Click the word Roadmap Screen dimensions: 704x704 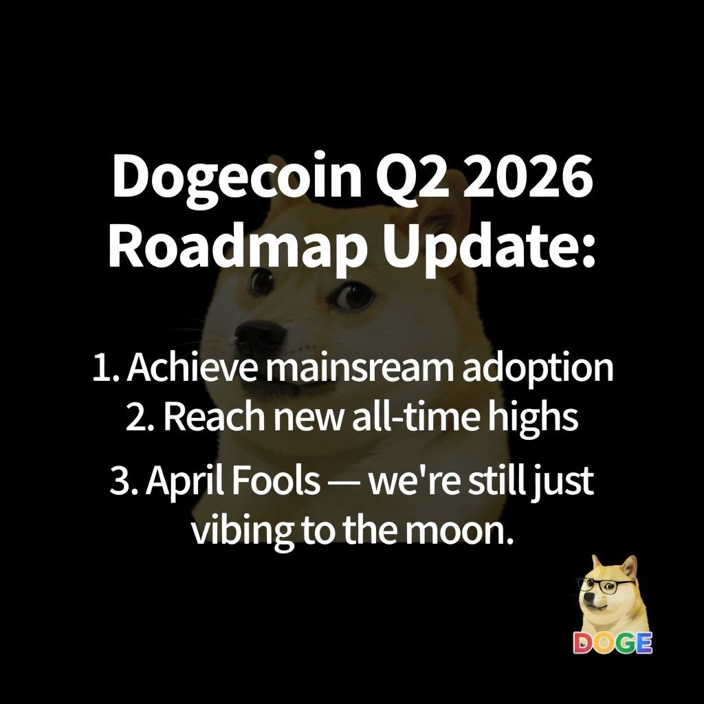(x=240, y=247)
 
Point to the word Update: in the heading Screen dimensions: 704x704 (x=489, y=247)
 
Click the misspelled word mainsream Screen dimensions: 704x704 (x=361, y=368)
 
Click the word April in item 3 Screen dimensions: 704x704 (x=186, y=481)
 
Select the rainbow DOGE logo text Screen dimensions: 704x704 (x=613, y=643)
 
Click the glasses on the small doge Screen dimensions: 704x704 (x=606, y=585)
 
